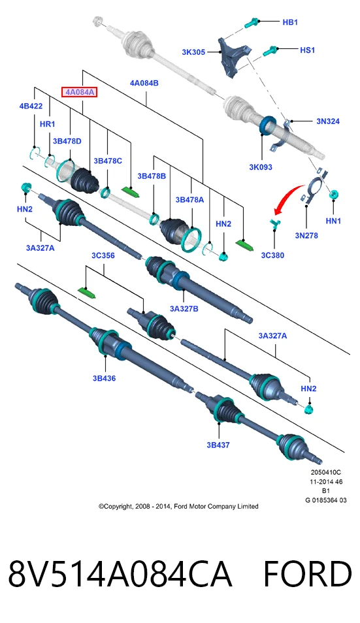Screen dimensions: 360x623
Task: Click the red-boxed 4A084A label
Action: (x=79, y=92)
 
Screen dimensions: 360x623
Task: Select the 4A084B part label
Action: (x=144, y=83)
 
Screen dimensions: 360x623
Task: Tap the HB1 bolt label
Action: (x=290, y=22)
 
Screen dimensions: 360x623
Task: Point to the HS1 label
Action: (x=307, y=50)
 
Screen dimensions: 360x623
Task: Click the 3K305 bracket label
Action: (x=193, y=52)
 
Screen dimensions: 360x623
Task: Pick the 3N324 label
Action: (x=328, y=121)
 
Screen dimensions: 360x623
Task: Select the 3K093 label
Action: (x=261, y=167)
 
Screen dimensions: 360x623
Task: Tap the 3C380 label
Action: (x=272, y=255)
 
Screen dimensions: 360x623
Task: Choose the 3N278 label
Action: (x=306, y=236)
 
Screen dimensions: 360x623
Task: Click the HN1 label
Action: (x=333, y=221)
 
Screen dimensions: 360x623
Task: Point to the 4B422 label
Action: (x=31, y=106)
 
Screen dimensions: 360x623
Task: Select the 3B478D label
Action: (x=67, y=141)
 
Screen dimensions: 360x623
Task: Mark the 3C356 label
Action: (x=103, y=255)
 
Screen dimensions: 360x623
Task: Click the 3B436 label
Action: (x=104, y=378)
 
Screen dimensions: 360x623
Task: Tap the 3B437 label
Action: (x=218, y=445)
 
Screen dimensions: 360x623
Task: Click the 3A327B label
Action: (x=184, y=309)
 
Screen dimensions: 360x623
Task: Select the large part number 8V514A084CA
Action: (x=120, y=575)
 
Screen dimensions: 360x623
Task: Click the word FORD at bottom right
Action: (x=308, y=575)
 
